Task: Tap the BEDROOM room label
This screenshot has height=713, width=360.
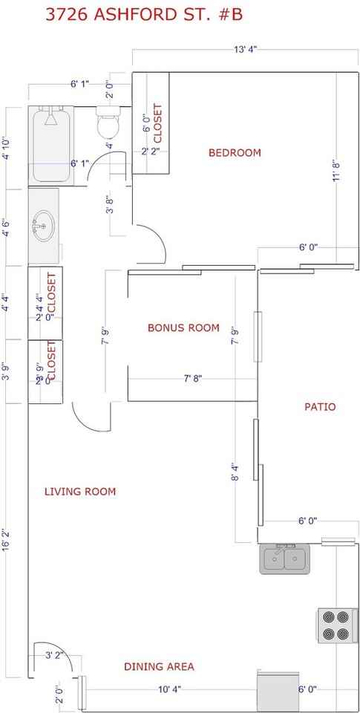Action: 235,153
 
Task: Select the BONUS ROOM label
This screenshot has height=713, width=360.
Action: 183,328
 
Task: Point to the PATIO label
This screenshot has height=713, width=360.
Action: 320,407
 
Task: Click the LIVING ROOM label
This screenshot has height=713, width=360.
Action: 79,492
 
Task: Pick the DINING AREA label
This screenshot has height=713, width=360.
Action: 159,667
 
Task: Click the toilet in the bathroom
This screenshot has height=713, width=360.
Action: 108,123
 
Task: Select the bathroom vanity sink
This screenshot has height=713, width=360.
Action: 44,224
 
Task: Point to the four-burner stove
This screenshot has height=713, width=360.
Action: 333,625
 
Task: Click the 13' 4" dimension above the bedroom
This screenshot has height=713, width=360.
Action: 245,50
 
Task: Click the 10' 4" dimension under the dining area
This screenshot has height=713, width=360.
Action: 168,690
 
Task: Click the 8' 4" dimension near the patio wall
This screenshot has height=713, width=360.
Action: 235,472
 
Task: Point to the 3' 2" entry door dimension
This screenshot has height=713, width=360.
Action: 54,656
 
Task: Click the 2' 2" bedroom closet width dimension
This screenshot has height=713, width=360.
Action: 150,152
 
